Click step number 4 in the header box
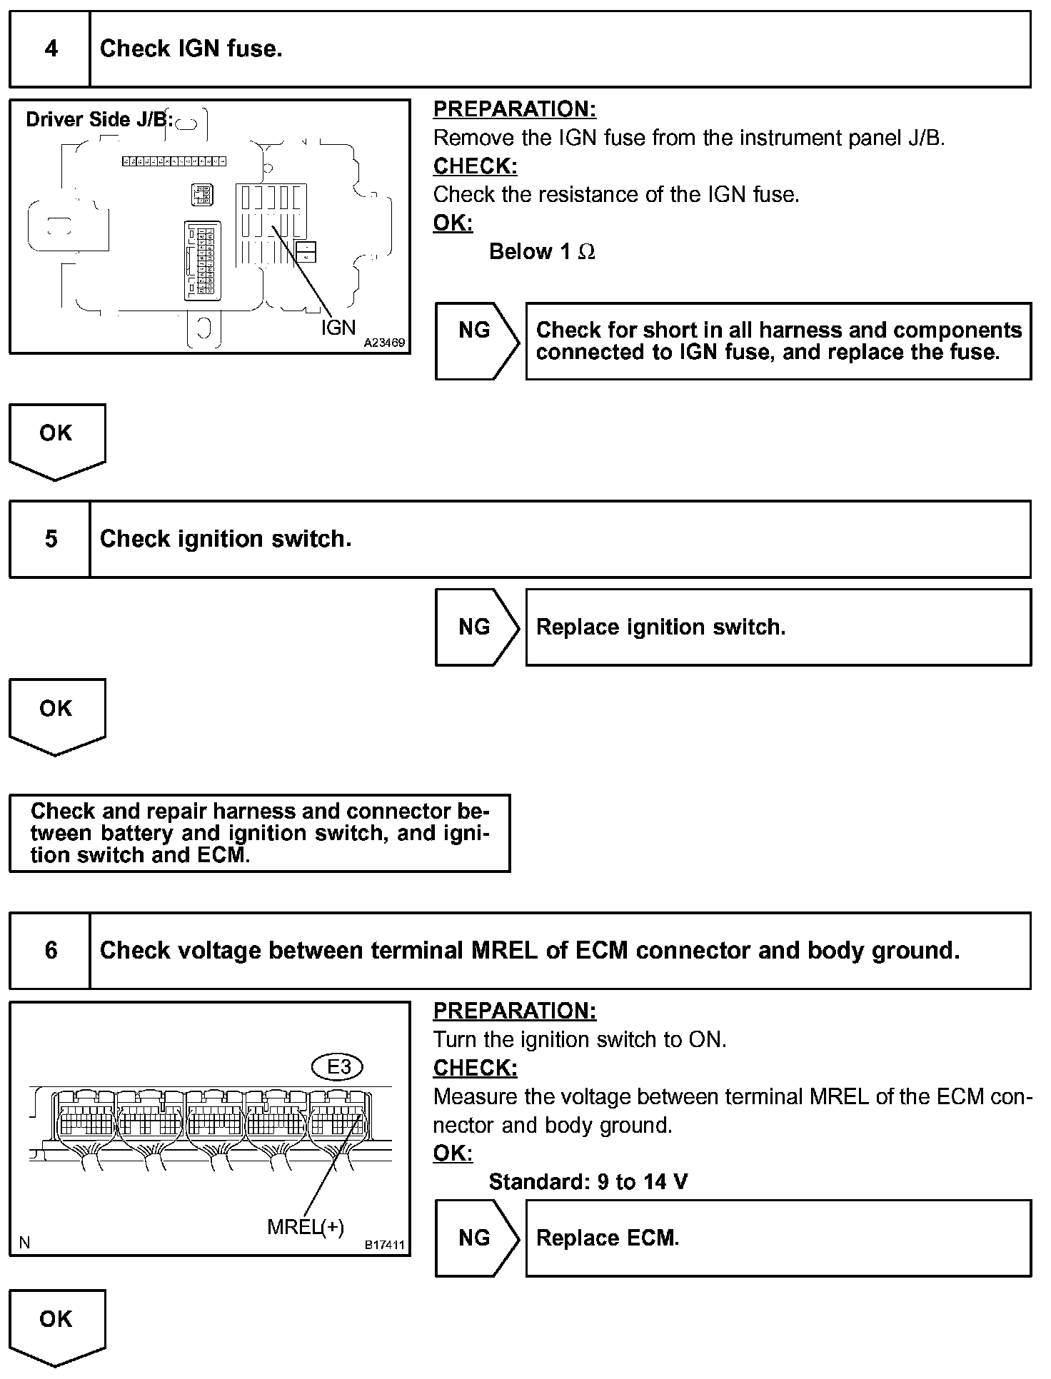click(51, 49)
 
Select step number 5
click(51, 539)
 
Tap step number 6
click(51, 951)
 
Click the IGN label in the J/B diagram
click(338, 327)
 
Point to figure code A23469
click(384, 343)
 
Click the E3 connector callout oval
click(338, 1067)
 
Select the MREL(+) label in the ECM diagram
click(306, 1227)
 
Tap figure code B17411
click(385, 1246)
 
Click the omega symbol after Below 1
click(586, 252)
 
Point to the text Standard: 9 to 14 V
click(588, 1182)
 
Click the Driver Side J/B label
click(99, 119)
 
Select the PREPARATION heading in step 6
click(514, 1011)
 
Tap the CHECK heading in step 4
click(475, 166)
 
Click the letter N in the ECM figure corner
click(25, 1243)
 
